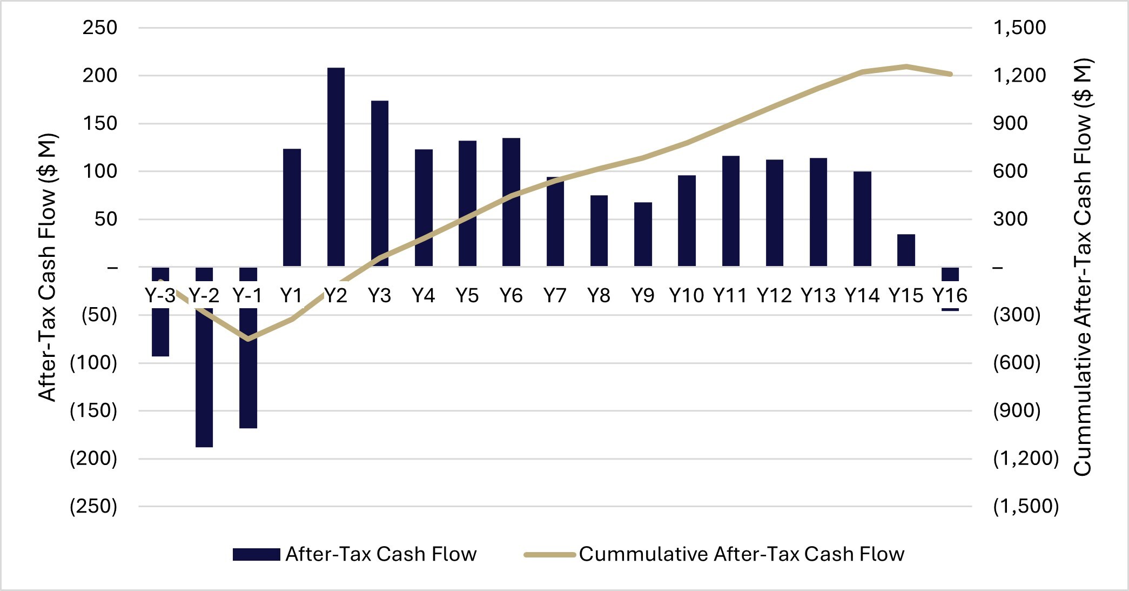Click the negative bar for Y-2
pos(204,378)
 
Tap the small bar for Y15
pos(906,250)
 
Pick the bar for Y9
pos(643,234)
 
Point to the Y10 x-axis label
pos(686,296)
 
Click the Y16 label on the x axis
pos(950,296)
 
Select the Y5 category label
pos(467,296)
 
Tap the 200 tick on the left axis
pos(99,76)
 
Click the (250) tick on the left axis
pos(93,507)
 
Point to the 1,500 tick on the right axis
pos(1019,28)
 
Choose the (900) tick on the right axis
pos(1017,411)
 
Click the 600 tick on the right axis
pos(1010,171)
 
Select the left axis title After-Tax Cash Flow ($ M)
pos(48,267)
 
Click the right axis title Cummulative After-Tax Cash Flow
pos(1083,267)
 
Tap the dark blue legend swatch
pos(256,554)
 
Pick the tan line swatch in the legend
pos(549,554)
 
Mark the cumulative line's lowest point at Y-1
pos(248,339)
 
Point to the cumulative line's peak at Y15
pos(906,67)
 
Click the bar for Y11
pos(730,211)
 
